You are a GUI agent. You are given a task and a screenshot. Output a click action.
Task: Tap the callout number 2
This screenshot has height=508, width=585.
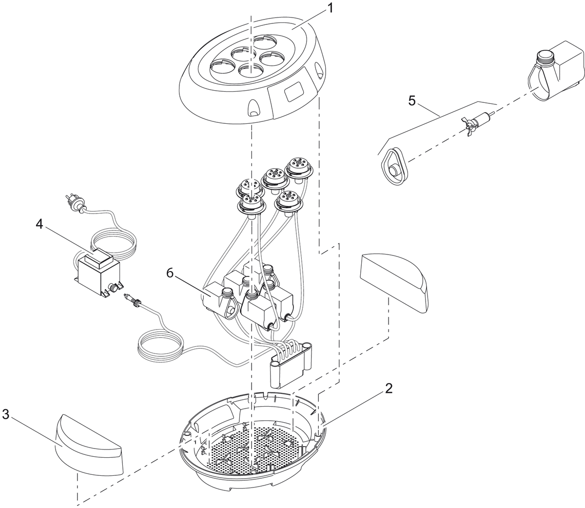coord(389,389)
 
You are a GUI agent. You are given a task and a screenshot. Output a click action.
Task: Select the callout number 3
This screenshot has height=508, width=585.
coord(6,414)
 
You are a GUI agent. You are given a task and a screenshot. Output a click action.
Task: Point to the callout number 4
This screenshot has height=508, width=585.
coord(39,224)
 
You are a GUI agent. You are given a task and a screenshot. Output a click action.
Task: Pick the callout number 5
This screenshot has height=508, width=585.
coord(412,101)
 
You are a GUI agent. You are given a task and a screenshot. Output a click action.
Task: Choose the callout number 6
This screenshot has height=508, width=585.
coord(169,273)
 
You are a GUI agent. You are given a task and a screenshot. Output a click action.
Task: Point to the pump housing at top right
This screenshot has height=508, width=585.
coord(556,73)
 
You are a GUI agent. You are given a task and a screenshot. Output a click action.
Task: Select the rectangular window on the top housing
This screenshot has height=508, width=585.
coord(293,91)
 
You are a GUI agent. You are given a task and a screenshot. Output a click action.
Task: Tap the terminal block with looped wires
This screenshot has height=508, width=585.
coord(291,364)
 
